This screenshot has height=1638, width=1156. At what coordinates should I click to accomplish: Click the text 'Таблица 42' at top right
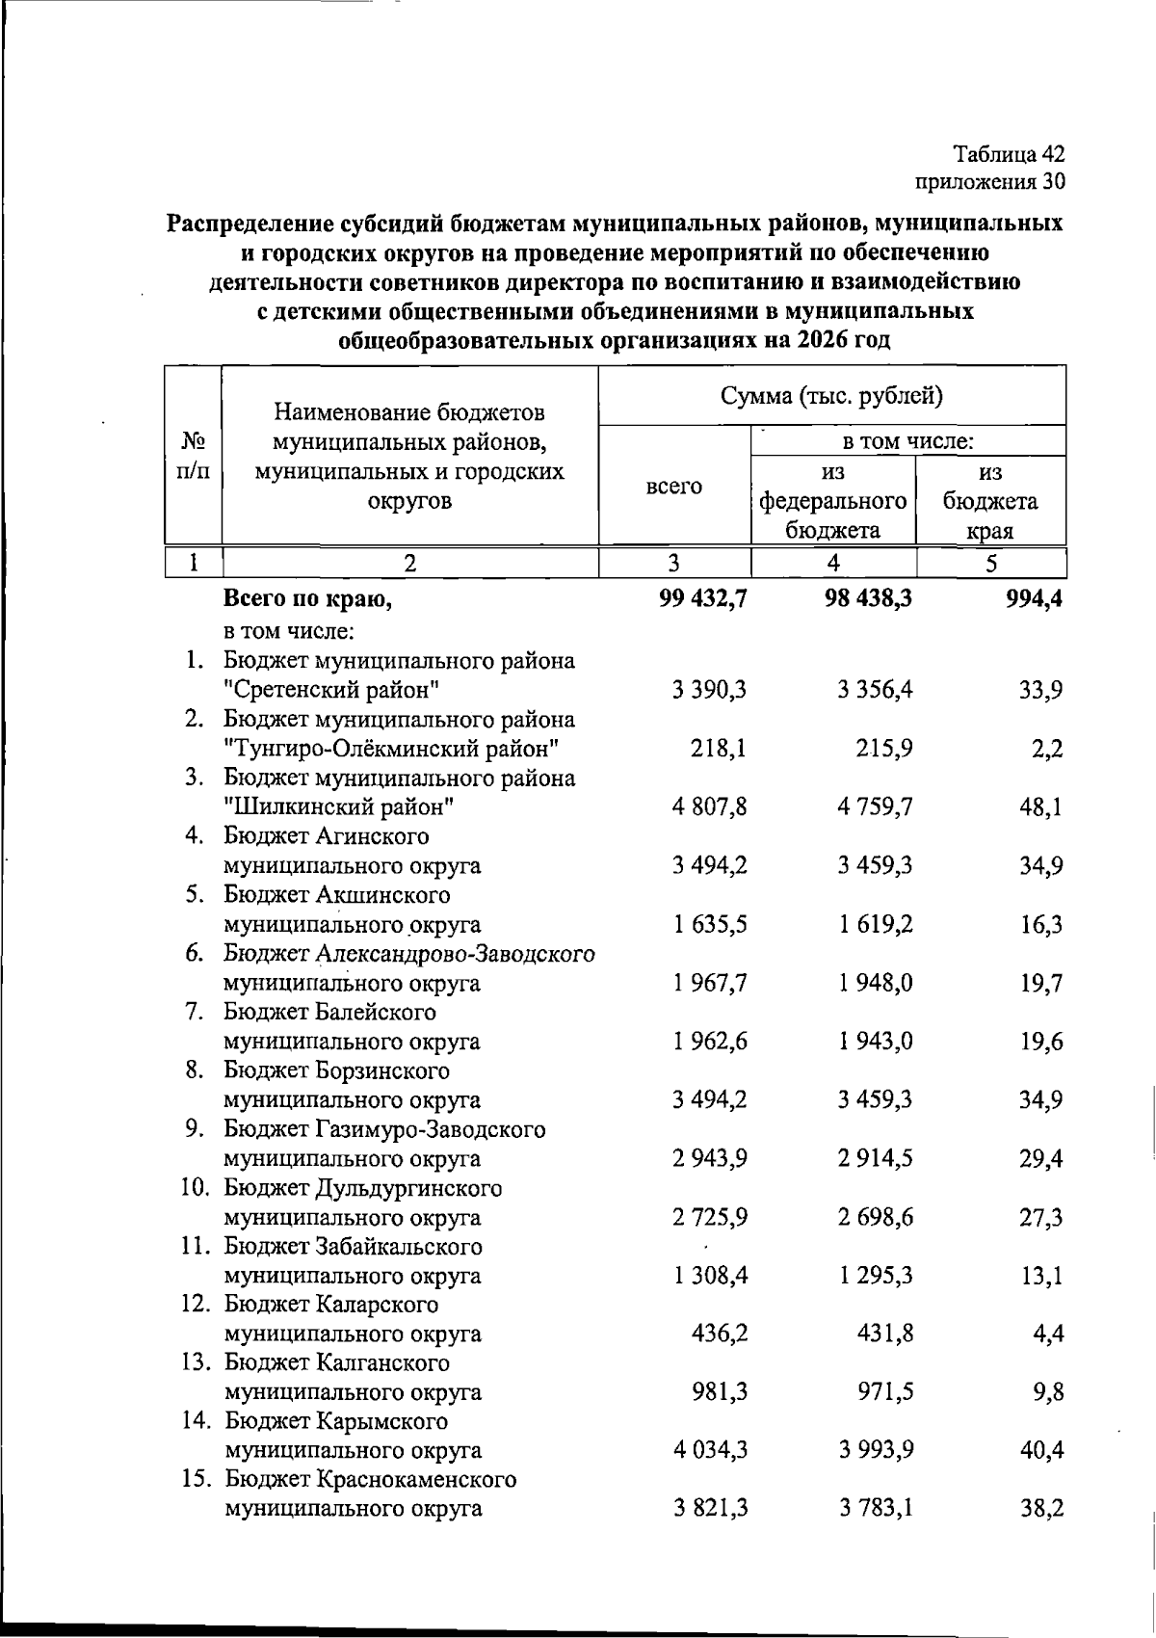pos(1009,154)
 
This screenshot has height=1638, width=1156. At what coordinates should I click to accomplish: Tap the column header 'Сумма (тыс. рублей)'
pos(831,396)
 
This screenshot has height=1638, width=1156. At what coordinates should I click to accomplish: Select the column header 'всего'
pos(673,487)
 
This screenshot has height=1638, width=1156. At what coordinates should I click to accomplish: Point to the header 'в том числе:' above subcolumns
pos(908,441)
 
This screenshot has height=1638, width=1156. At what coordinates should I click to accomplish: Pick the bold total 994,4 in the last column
pos(1035,599)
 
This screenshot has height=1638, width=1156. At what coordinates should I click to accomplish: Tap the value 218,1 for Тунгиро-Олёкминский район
pos(719,749)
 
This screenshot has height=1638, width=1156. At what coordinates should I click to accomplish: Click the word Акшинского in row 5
pos(382,895)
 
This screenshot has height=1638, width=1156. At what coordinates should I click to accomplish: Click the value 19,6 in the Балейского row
pos(1041,1042)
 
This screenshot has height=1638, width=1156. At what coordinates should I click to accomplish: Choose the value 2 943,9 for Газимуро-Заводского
pos(710,1158)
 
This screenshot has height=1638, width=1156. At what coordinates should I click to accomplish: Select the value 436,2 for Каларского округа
pos(720,1334)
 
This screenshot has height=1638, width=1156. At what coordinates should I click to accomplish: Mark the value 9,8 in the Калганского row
pos(1047,1392)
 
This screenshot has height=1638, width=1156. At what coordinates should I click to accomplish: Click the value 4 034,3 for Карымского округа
pos(710,1451)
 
